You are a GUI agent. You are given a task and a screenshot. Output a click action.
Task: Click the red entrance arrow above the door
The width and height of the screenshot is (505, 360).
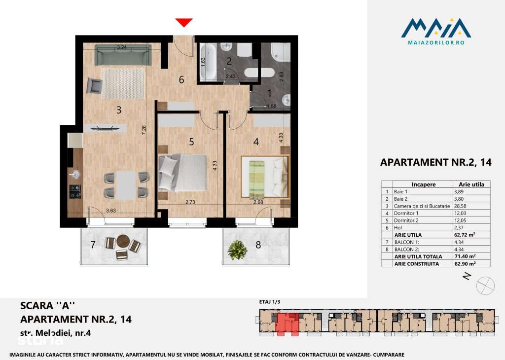coord(184,22)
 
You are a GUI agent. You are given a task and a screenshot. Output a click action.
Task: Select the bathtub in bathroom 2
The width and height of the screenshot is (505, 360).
coord(210,62)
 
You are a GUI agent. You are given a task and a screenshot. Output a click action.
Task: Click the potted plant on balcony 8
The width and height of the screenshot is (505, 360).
coord(237,250)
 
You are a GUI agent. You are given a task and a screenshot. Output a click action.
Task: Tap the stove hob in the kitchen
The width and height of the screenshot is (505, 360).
coord(75,191)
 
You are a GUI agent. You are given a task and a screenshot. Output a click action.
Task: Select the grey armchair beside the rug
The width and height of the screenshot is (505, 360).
coord(94,86)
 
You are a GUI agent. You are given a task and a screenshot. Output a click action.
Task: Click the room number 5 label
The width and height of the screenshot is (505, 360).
coord(191,142)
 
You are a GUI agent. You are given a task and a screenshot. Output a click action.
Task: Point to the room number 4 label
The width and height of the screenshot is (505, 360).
coord(255,142)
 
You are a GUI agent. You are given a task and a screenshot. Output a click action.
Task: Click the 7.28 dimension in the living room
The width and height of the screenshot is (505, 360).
coord(143,131)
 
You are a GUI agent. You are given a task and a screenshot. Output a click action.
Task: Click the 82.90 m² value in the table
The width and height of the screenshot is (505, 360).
coord(466,264)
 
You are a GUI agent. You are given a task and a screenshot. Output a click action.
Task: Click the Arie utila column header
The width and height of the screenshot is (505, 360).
coord(471,184)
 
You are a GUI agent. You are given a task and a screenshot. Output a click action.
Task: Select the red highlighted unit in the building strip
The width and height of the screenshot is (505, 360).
coord(287,324)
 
